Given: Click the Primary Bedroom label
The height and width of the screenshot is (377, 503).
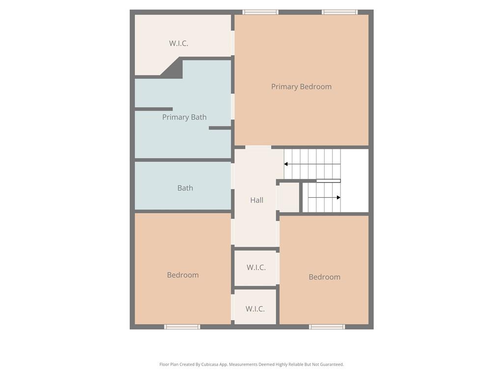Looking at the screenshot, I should coord(301,86).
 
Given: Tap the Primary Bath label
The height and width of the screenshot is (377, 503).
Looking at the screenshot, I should coord(184,117).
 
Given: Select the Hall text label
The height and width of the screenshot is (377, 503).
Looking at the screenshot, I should coord(256,200).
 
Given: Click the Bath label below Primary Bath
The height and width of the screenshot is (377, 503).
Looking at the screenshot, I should coord(185,188).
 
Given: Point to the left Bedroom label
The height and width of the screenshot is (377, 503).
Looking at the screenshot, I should coord(183,275).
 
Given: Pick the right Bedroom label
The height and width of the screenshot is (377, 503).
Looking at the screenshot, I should coord(324,277).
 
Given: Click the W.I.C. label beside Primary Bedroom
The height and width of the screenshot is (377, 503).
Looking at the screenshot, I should coord(178,43).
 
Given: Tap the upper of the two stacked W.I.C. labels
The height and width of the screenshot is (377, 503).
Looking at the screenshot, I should coord(256,267).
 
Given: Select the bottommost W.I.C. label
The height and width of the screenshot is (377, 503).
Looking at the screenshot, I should coord(255,309).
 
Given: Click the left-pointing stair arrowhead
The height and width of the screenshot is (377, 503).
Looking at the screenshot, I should coord(286,164).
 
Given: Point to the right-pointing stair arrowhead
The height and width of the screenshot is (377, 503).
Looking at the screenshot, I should coord(338,197).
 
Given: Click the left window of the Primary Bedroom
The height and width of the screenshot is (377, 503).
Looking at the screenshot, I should coord(260,12).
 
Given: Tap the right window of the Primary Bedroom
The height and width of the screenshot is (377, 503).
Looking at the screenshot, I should coord(339,12).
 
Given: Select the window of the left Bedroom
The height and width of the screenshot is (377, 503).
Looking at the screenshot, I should coord(182,326).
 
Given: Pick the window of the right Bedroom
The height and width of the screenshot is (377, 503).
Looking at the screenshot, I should coord(327,326).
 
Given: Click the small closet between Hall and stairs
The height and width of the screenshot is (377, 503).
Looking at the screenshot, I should coord(289,197).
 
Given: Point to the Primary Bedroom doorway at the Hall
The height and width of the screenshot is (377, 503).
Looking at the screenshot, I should coord(258,147).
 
